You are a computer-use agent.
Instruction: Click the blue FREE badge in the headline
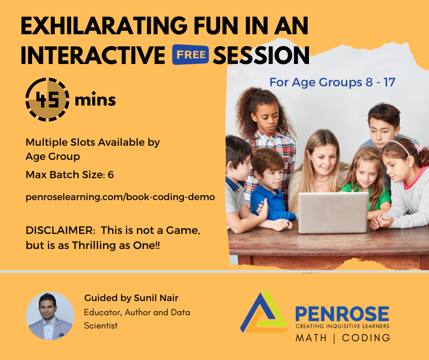click(x=190, y=54)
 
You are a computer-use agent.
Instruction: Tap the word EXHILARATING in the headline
click(x=104, y=26)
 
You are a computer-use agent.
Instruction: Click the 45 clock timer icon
click(x=47, y=100)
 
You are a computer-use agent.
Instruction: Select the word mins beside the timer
click(x=95, y=100)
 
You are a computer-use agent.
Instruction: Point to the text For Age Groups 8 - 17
click(x=332, y=82)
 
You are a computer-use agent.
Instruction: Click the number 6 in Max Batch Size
click(x=110, y=175)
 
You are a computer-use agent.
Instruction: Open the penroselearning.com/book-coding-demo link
click(x=120, y=197)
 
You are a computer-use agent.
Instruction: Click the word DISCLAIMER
click(x=60, y=230)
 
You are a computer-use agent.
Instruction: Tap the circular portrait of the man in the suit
click(x=50, y=316)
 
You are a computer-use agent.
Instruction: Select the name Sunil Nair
click(x=156, y=298)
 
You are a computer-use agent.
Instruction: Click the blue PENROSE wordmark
click(x=342, y=314)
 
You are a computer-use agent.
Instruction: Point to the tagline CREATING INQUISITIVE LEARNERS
click(x=342, y=326)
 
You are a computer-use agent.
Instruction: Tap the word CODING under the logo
click(x=366, y=338)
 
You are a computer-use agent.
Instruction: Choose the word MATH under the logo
click(x=311, y=338)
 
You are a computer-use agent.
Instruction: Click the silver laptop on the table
click(x=334, y=212)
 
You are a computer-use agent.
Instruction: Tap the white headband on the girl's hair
click(x=399, y=146)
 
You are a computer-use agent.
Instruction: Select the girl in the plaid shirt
click(x=267, y=137)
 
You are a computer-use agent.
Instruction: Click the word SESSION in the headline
click(x=262, y=55)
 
